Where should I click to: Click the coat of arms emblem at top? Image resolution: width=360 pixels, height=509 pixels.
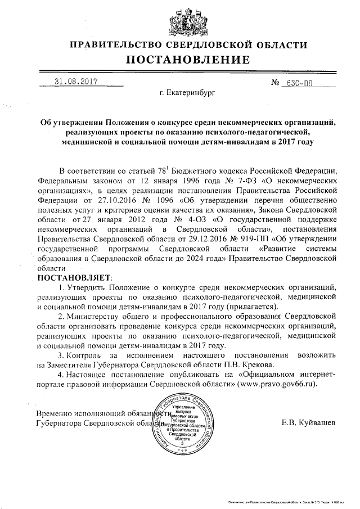pyautogui.click(x=181, y=19)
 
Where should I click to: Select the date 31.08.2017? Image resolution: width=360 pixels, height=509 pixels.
pyautogui.click(x=76, y=82)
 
